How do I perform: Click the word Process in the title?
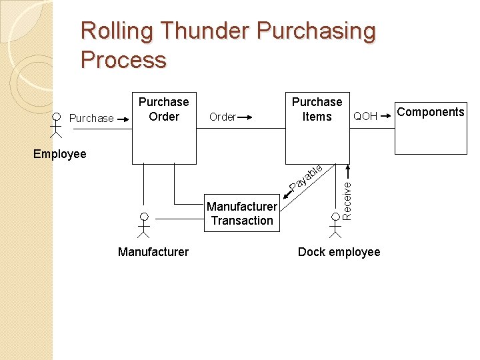123,60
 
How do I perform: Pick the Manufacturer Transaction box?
242,214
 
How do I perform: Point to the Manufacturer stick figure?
143,224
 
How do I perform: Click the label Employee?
60,154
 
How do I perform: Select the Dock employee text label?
339,252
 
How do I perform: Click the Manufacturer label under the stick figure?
153,252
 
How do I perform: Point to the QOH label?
365,117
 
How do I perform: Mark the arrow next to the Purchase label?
123,119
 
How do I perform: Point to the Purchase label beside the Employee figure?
91,119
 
